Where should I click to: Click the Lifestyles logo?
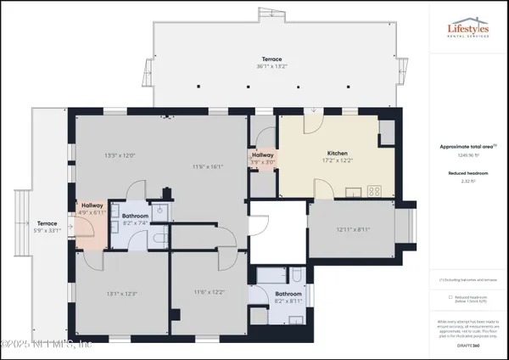[x=468, y=31]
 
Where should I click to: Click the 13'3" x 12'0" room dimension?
[x=120, y=155]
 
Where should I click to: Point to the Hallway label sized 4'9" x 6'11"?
[x=92, y=209]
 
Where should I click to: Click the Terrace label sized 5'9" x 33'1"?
[x=47, y=227]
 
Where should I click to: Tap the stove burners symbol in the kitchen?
[x=372, y=190]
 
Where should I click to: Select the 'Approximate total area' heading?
[x=467, y=146]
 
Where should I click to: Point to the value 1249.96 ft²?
[x=467, y=155]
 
